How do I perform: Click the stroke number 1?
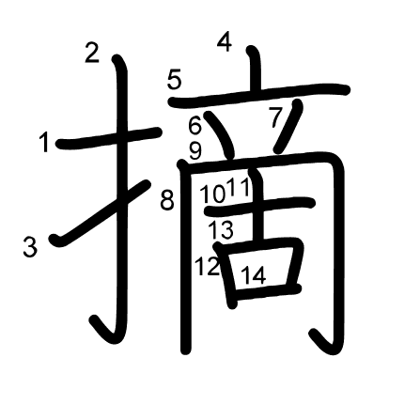(45, 142)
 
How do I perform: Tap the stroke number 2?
(92, 54)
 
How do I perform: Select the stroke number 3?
(30, 247)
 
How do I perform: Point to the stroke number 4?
(225, 42)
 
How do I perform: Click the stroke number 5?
(175, 80)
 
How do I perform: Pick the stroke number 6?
(194, 126)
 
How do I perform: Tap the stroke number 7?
(275, 117)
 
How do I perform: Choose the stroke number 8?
(167, 200)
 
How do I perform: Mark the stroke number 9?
(195, 151)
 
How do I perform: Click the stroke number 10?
(213, 194)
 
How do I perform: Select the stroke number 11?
(240, 187)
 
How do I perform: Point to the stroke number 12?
(207, 266)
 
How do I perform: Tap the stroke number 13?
(222, 230)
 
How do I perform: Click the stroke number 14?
(254, 275)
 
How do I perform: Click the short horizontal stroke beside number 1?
(109, 138)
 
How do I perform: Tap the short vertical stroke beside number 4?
(256, 70)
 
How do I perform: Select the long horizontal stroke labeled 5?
(259, 96)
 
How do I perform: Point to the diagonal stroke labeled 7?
(288, 126)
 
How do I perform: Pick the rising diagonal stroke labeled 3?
(100, 213)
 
